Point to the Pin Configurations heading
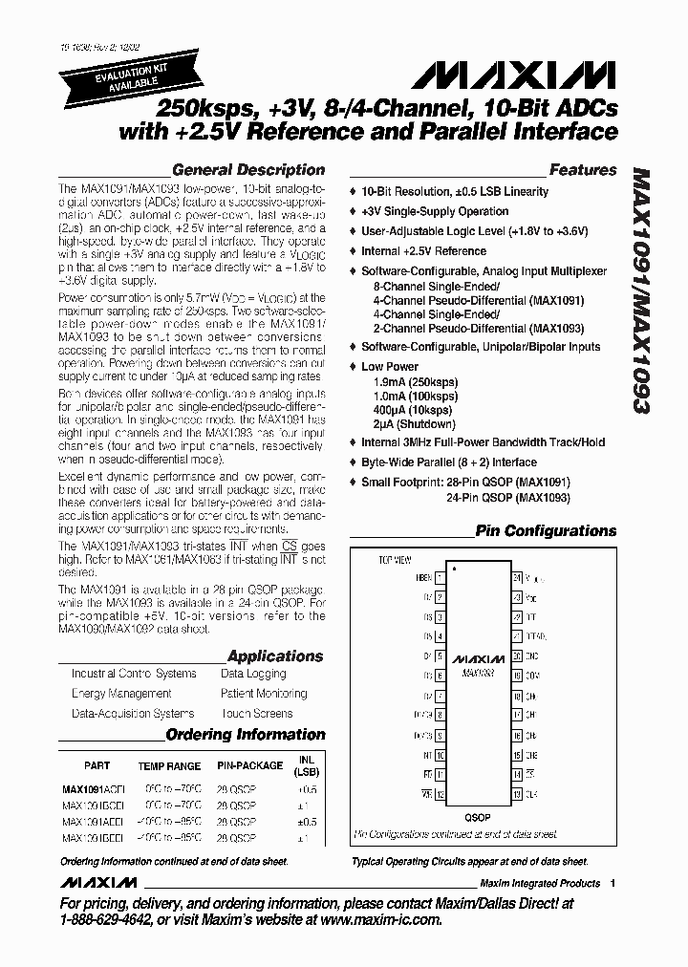(546, 531)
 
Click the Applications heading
(275, 656)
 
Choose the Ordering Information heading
(245, 735)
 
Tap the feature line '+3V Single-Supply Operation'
(434, 211)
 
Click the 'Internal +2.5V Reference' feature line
(423, 251)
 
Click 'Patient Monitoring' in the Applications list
(264, 694)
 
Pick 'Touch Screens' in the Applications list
(256, 714)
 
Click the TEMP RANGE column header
(169, 766)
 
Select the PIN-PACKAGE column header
(249, 765)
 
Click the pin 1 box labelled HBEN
(440, 578)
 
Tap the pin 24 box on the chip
(517, 578)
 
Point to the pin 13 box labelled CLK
(517, 794)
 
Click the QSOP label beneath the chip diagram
(478, 818)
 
